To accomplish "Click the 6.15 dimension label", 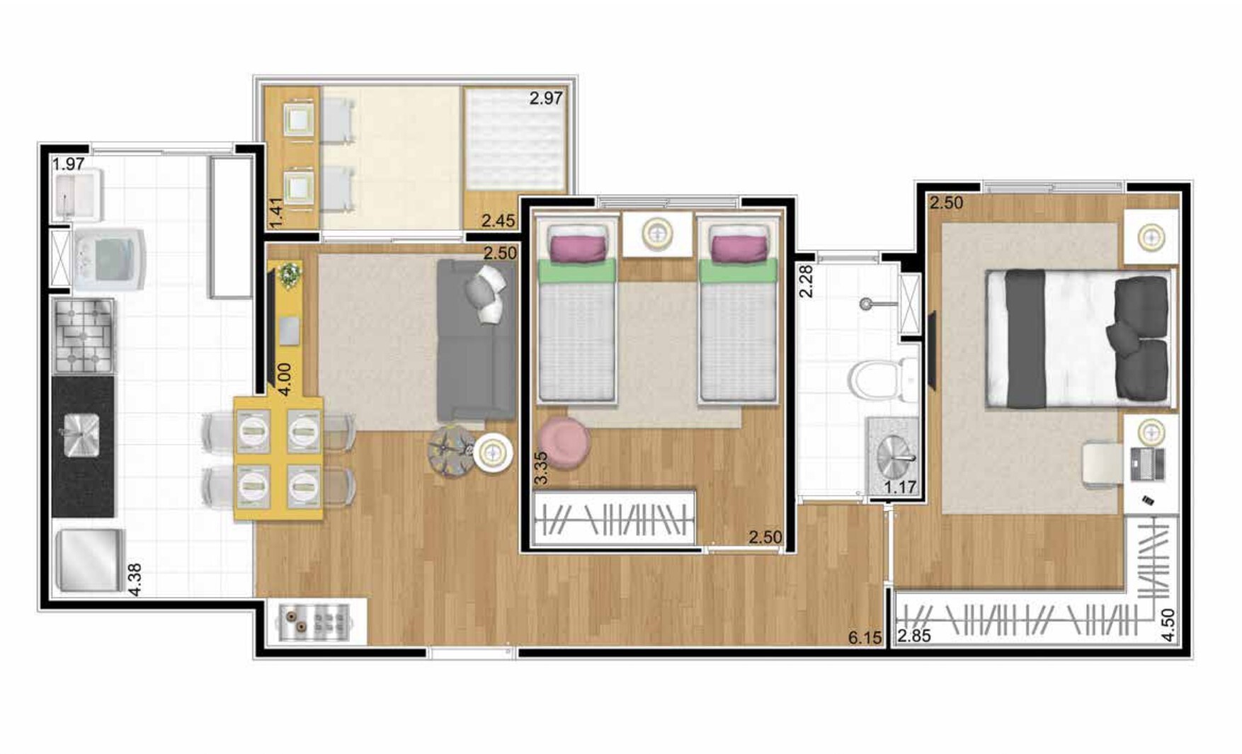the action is pyautogui.click(x=865, y=638).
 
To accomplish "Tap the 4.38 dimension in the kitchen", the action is pyautogui.click(x=134, y=579).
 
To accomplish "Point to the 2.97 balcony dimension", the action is pyautogui.click(x=546, y=98).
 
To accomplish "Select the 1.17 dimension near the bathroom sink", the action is pyautogui.click(x=900, y=487).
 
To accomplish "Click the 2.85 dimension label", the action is pyautogui.click(x=913, y=636).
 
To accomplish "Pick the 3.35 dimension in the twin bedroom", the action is pyautogui.click(x=540, y=468).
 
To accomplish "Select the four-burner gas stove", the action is pyautogui.click(x=84, y=336).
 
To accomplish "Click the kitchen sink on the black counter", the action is pyautogui.click(x=81, y=435).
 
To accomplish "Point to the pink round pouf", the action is pyautogui.click(x=564, y=442).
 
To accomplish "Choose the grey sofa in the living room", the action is pyautogui.click(x=476, y=340).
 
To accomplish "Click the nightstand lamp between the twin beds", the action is pyautogui.click(x=656, y=234).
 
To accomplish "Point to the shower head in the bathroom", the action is pyautogui.click(x=865, y=304).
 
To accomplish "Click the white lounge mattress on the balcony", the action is pyautogui.click(x=515, y=139).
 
